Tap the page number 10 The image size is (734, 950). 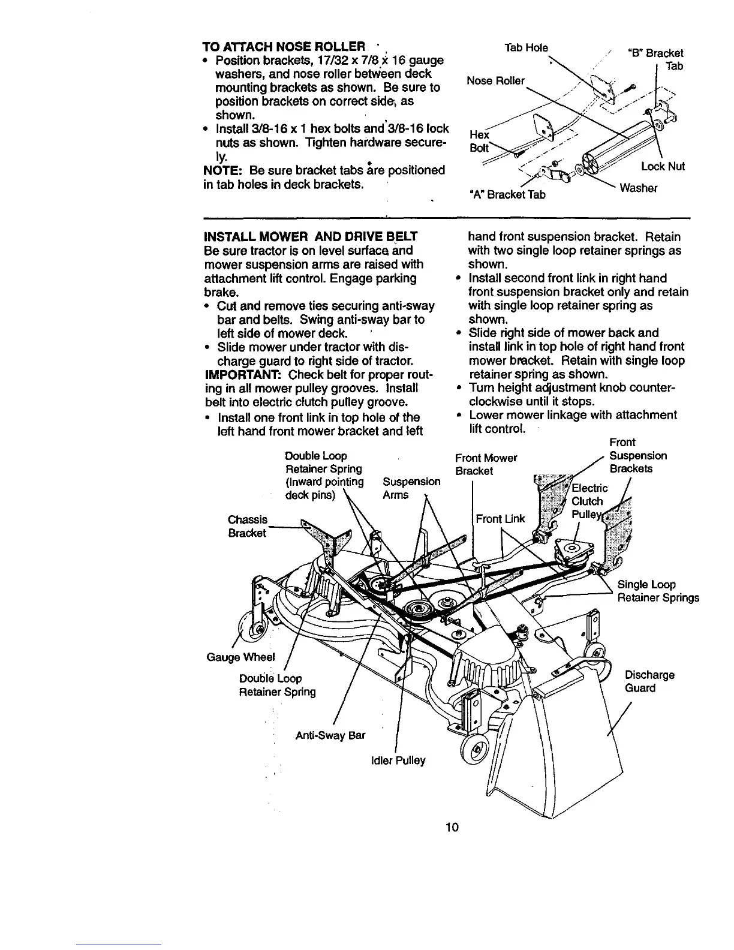coord(452,828)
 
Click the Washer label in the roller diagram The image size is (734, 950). coord(639,188)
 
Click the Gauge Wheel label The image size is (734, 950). coord(240,657)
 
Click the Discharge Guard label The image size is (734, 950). coord(649,681)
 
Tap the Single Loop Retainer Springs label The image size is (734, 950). coord(658,591)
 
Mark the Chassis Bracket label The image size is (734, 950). coord(247,526)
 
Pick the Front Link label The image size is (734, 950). coord(500,519)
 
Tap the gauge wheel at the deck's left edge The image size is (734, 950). coord(258,628)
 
